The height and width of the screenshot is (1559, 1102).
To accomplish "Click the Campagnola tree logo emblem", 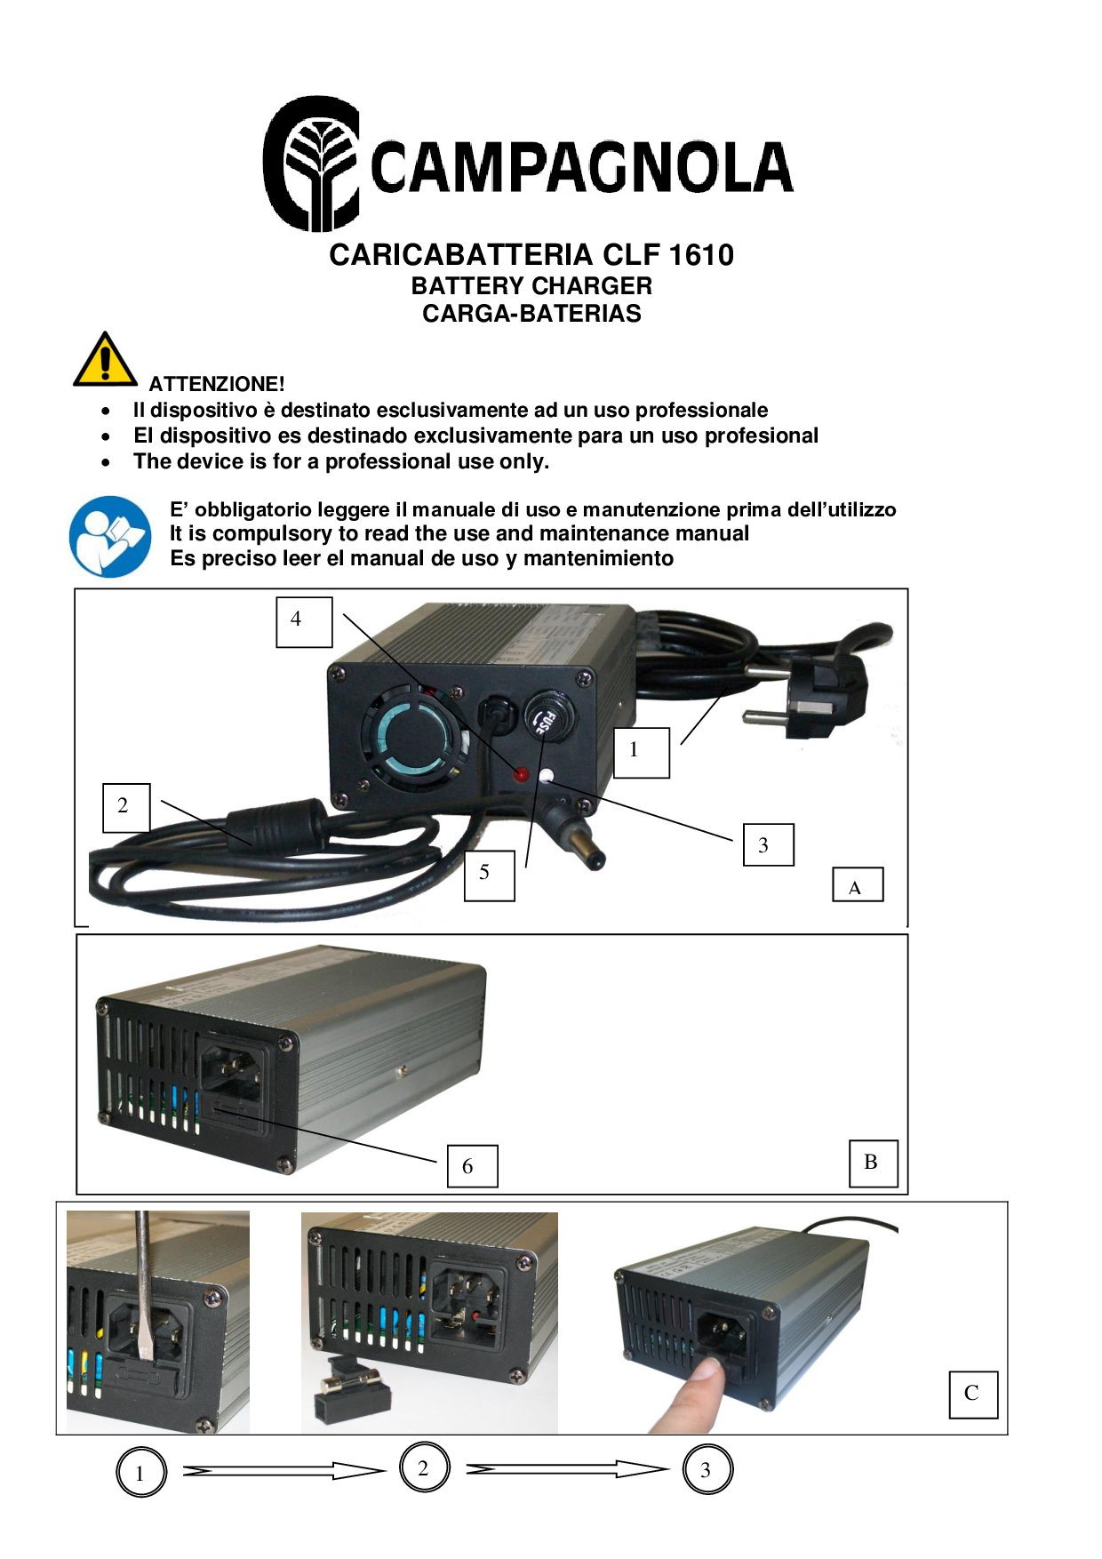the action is click(311, 164).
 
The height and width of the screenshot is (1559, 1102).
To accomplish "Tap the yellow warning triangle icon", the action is click(105, 360).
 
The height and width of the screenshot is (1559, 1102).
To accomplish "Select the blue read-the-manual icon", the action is click(110, 537).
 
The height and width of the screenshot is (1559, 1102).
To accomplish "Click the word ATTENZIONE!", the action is click(217, 384).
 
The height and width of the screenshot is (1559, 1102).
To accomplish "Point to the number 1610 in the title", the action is click(701, 255).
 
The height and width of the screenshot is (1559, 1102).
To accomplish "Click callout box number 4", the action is click(304, 622).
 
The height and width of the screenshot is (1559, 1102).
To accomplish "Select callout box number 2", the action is click(126, 808).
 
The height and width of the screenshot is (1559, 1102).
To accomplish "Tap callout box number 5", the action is click(490, 875).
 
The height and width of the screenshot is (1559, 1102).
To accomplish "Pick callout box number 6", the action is click(472, 1166).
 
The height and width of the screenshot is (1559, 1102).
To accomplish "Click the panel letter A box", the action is click(858, 885).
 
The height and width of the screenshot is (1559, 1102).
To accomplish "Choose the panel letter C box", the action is click(974, 1395).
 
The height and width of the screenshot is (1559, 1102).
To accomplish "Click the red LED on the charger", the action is click(522, 775).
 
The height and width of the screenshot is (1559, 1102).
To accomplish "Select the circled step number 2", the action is click(424, 1467).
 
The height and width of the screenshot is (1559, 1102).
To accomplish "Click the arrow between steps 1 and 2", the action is click(284, 1471).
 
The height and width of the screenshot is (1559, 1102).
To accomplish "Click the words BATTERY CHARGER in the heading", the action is click(531, 286).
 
